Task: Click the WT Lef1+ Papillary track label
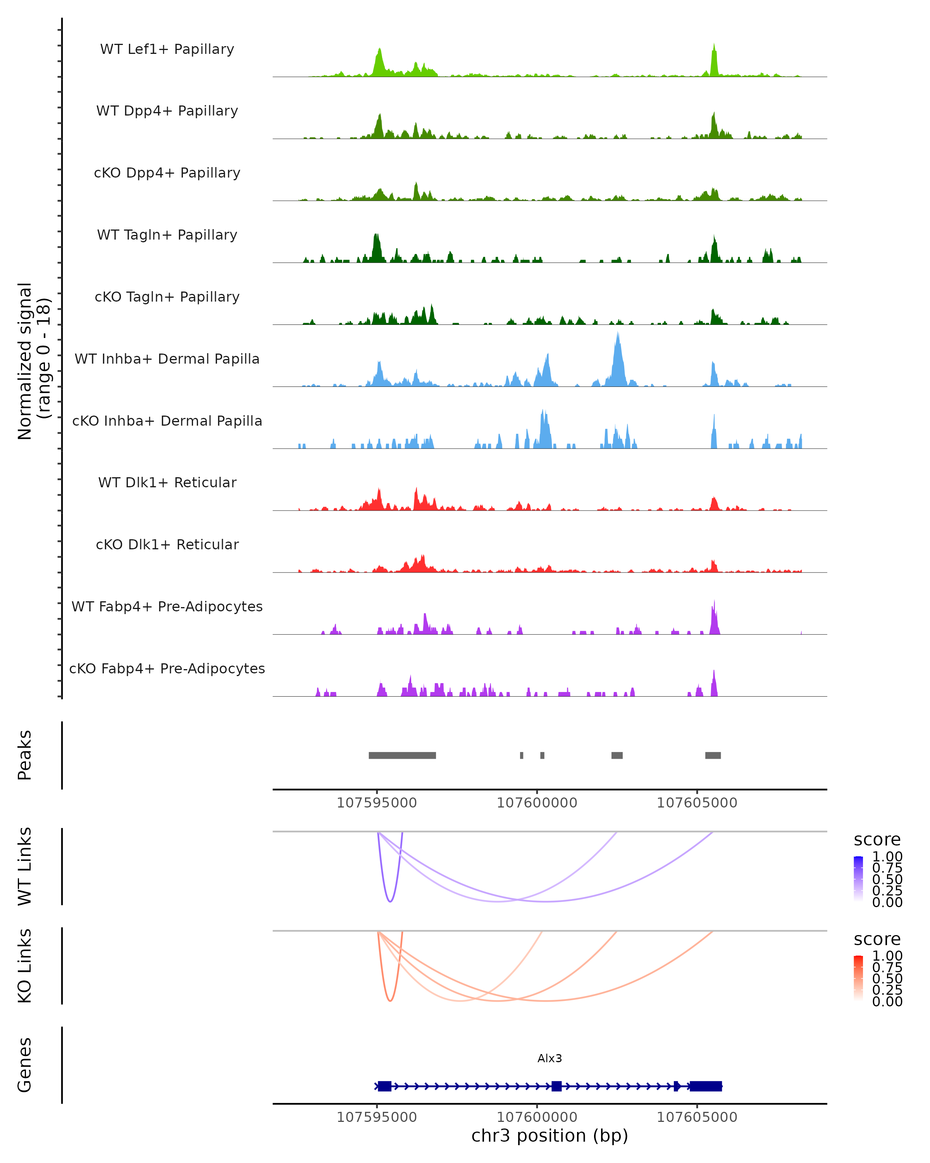click(167, 49)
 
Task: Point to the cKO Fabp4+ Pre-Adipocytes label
click(167, 668)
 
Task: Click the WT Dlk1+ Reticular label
click(167, 482)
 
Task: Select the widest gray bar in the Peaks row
click(402, 755)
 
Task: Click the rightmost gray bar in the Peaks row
click(713, 755)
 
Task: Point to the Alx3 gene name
click(549, 1058)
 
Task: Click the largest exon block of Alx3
click(706, 1086)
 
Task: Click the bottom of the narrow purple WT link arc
click(390, 901)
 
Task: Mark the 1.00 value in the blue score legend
click(887, 857)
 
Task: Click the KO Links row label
click(25, 966)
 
